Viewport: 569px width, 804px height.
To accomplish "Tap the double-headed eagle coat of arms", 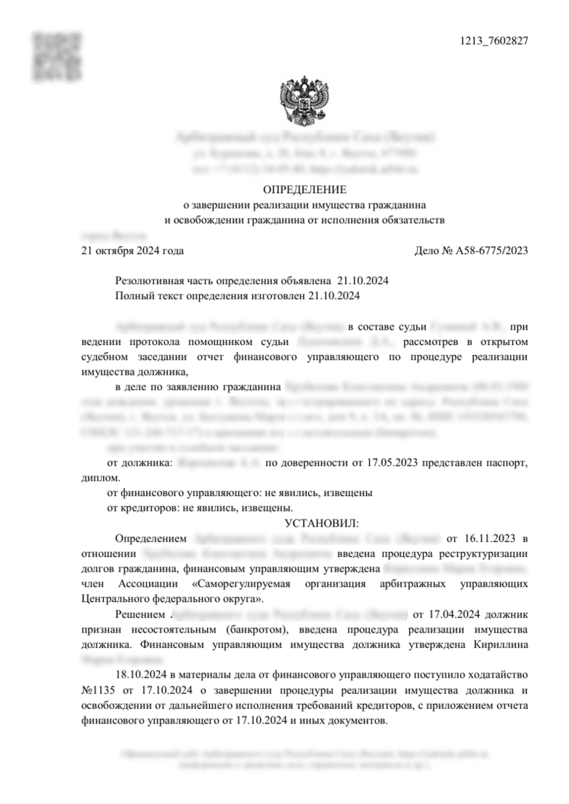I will [x=304, y=102].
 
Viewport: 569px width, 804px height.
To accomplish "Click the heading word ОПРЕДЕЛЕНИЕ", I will [x=304, y=190].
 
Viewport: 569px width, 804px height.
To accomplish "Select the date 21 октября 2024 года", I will [x=132, y=251].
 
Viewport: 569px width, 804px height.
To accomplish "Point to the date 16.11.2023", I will [x=483, y=538].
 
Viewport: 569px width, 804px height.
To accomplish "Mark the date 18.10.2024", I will [x=141, y=674].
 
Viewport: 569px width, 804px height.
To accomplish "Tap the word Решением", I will [x=137, y=614].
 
